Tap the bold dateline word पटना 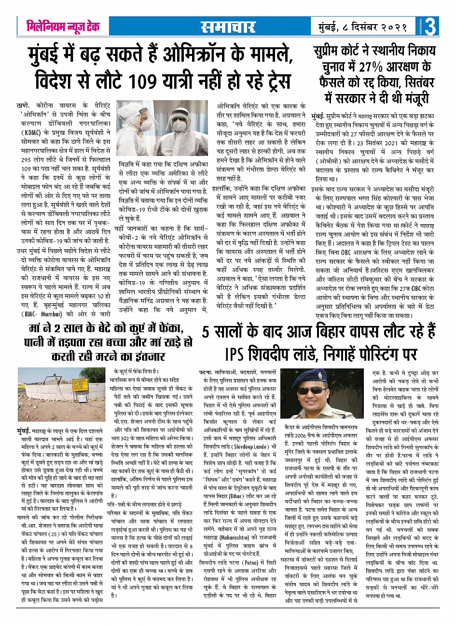pyautogui.click(x=207, y=373)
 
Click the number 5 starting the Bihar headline pyautogui.click(x=207, y=333)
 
